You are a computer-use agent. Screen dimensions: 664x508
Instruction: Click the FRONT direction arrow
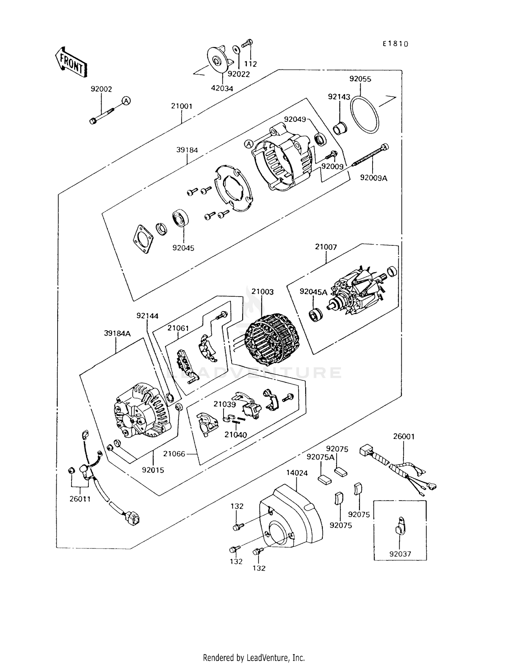pyautogui.click(x=71, y=64)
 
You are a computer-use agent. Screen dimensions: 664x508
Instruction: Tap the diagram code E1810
pyautogui.click(x=396, y=44)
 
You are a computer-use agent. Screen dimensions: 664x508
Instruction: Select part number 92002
pyautogui.click(x=101, y=89)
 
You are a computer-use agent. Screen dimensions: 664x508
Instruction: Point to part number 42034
pyautogui.click(x=222, y=88)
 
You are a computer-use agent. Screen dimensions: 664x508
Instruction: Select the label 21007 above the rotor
pyautogui.click(x=326, y=247)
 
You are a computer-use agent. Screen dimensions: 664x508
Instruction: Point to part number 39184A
pyautogui.click(x=117, y=333)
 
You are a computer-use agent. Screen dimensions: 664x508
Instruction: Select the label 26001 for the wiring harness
pyautogui.click(x=404, y=437)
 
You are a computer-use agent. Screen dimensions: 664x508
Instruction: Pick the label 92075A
pyautogui.click(x=320, y=457)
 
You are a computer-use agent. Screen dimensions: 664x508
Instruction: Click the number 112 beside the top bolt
pyautogui.click(x=251, y=64)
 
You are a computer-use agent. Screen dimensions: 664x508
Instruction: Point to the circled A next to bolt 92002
pyautogui.click(x=126, y=101)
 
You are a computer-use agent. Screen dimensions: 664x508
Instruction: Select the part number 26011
pyautogui.click(x=80, y=499)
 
